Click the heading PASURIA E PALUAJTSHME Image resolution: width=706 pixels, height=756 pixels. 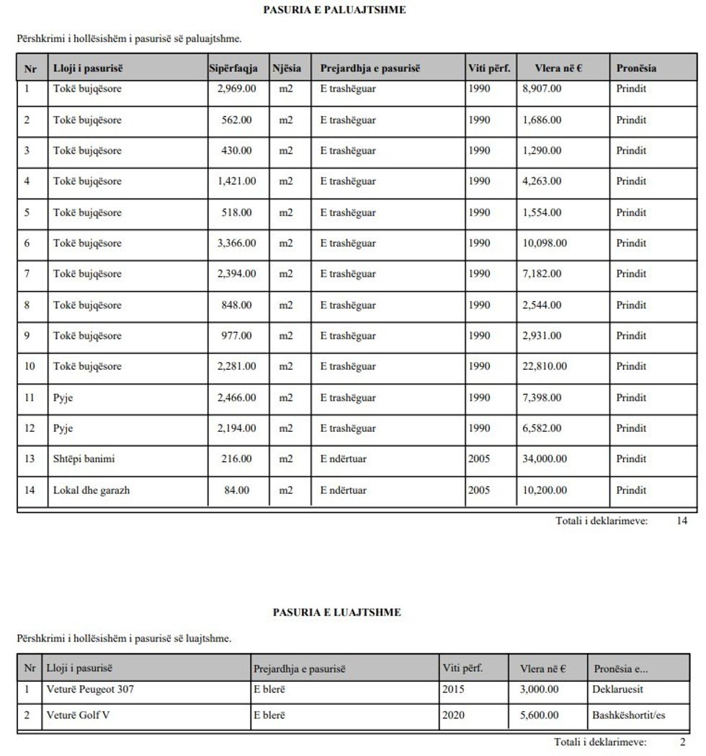point(334,10)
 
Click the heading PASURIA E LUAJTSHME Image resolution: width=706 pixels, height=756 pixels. point(336,613)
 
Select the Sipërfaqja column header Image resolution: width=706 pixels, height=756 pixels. point(233,68)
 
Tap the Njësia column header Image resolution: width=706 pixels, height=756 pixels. point(287,68)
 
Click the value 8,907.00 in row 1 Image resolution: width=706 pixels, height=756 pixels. point(542,89)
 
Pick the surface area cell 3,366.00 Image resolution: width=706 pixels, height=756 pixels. point(236,244)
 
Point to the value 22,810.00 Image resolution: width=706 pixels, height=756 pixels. point(545,367)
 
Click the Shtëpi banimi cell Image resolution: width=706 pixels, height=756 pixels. point(84,459)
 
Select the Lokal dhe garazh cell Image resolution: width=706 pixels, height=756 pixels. point(91,491)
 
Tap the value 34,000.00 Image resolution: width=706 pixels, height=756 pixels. point(545,459)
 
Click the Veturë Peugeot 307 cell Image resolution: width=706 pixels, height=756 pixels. point(90,690)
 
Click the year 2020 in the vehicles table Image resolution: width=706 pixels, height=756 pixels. point(453,716)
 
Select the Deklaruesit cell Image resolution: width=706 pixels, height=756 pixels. point(618,690)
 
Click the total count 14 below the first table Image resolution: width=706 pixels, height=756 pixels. point(682,521)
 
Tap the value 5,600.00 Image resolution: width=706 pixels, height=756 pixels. point(539,716)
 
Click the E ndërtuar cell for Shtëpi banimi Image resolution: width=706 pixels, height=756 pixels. point(344,459)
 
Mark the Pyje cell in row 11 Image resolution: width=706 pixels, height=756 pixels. point(63,398)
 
